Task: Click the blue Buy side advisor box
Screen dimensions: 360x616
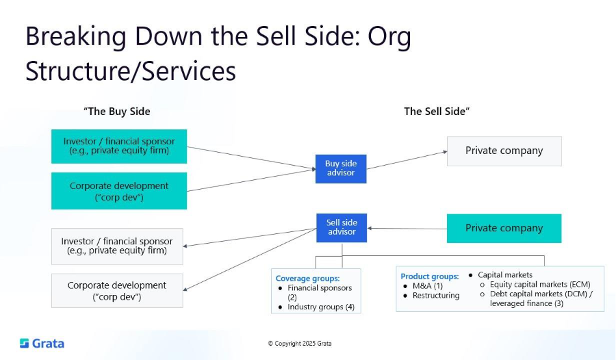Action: [x=341, y=168]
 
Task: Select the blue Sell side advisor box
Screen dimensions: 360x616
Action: [x=342, y=227]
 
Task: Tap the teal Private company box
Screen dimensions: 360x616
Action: [x=504, y=228]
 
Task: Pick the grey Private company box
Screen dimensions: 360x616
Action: [x=504, y=151]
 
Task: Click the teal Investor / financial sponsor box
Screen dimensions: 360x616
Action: [x=119, y=146]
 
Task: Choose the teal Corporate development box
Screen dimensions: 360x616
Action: [x=119, y=191]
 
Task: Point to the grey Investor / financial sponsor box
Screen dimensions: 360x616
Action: [x=117, y=246]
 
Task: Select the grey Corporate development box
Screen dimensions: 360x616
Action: [x=117, y=290]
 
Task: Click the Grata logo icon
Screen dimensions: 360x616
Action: [x=24, y=343]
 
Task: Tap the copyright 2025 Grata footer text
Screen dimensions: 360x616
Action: [x=299, y=344]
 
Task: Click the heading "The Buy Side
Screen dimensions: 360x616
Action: [x=117, y=112]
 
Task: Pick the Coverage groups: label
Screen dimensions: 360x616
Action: [x=307, y=279]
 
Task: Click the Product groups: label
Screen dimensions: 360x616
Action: [x=430, y=277]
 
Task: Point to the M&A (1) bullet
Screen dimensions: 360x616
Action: [x=428, y=286]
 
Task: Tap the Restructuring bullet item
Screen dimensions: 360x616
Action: [x=436, y=296]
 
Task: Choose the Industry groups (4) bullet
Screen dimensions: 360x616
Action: [x=320, y=307]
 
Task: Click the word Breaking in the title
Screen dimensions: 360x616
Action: [x=74, y=36]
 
